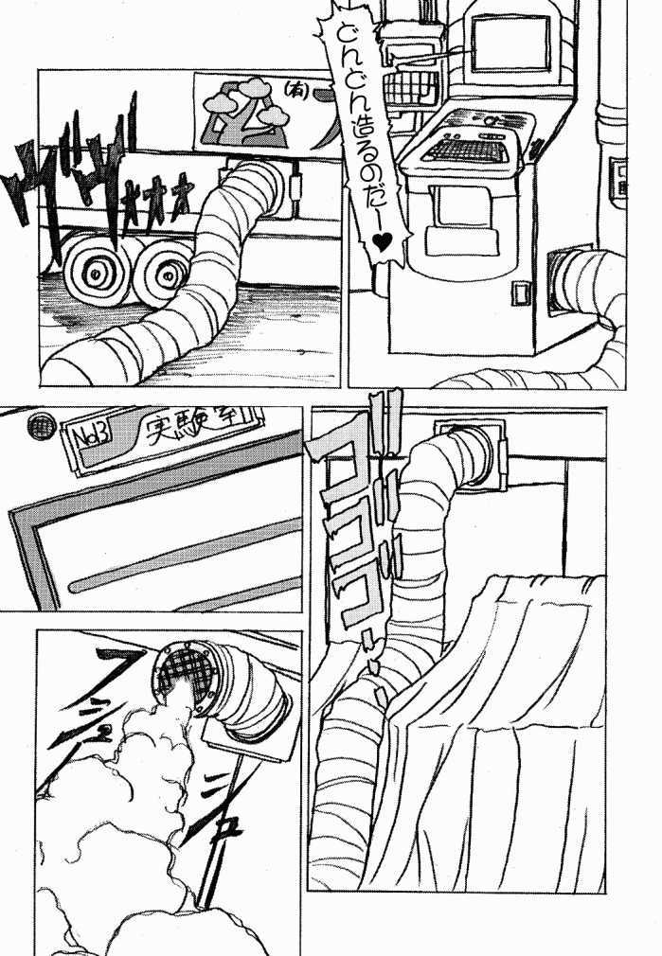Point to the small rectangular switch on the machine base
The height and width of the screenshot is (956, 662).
[x=521, y=292]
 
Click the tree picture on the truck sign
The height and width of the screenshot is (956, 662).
[x=241, y=114]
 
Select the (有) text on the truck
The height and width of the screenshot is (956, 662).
[x=293, y=91]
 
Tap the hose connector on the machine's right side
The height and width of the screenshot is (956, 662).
[x=579, y=280]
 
